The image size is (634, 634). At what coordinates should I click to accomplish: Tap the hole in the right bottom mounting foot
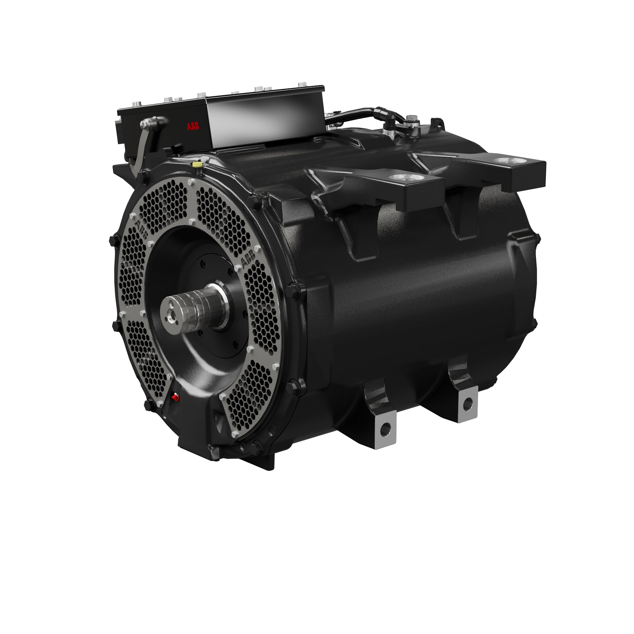click(468, 402)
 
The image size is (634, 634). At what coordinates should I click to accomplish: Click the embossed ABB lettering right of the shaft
click(248, 261)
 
